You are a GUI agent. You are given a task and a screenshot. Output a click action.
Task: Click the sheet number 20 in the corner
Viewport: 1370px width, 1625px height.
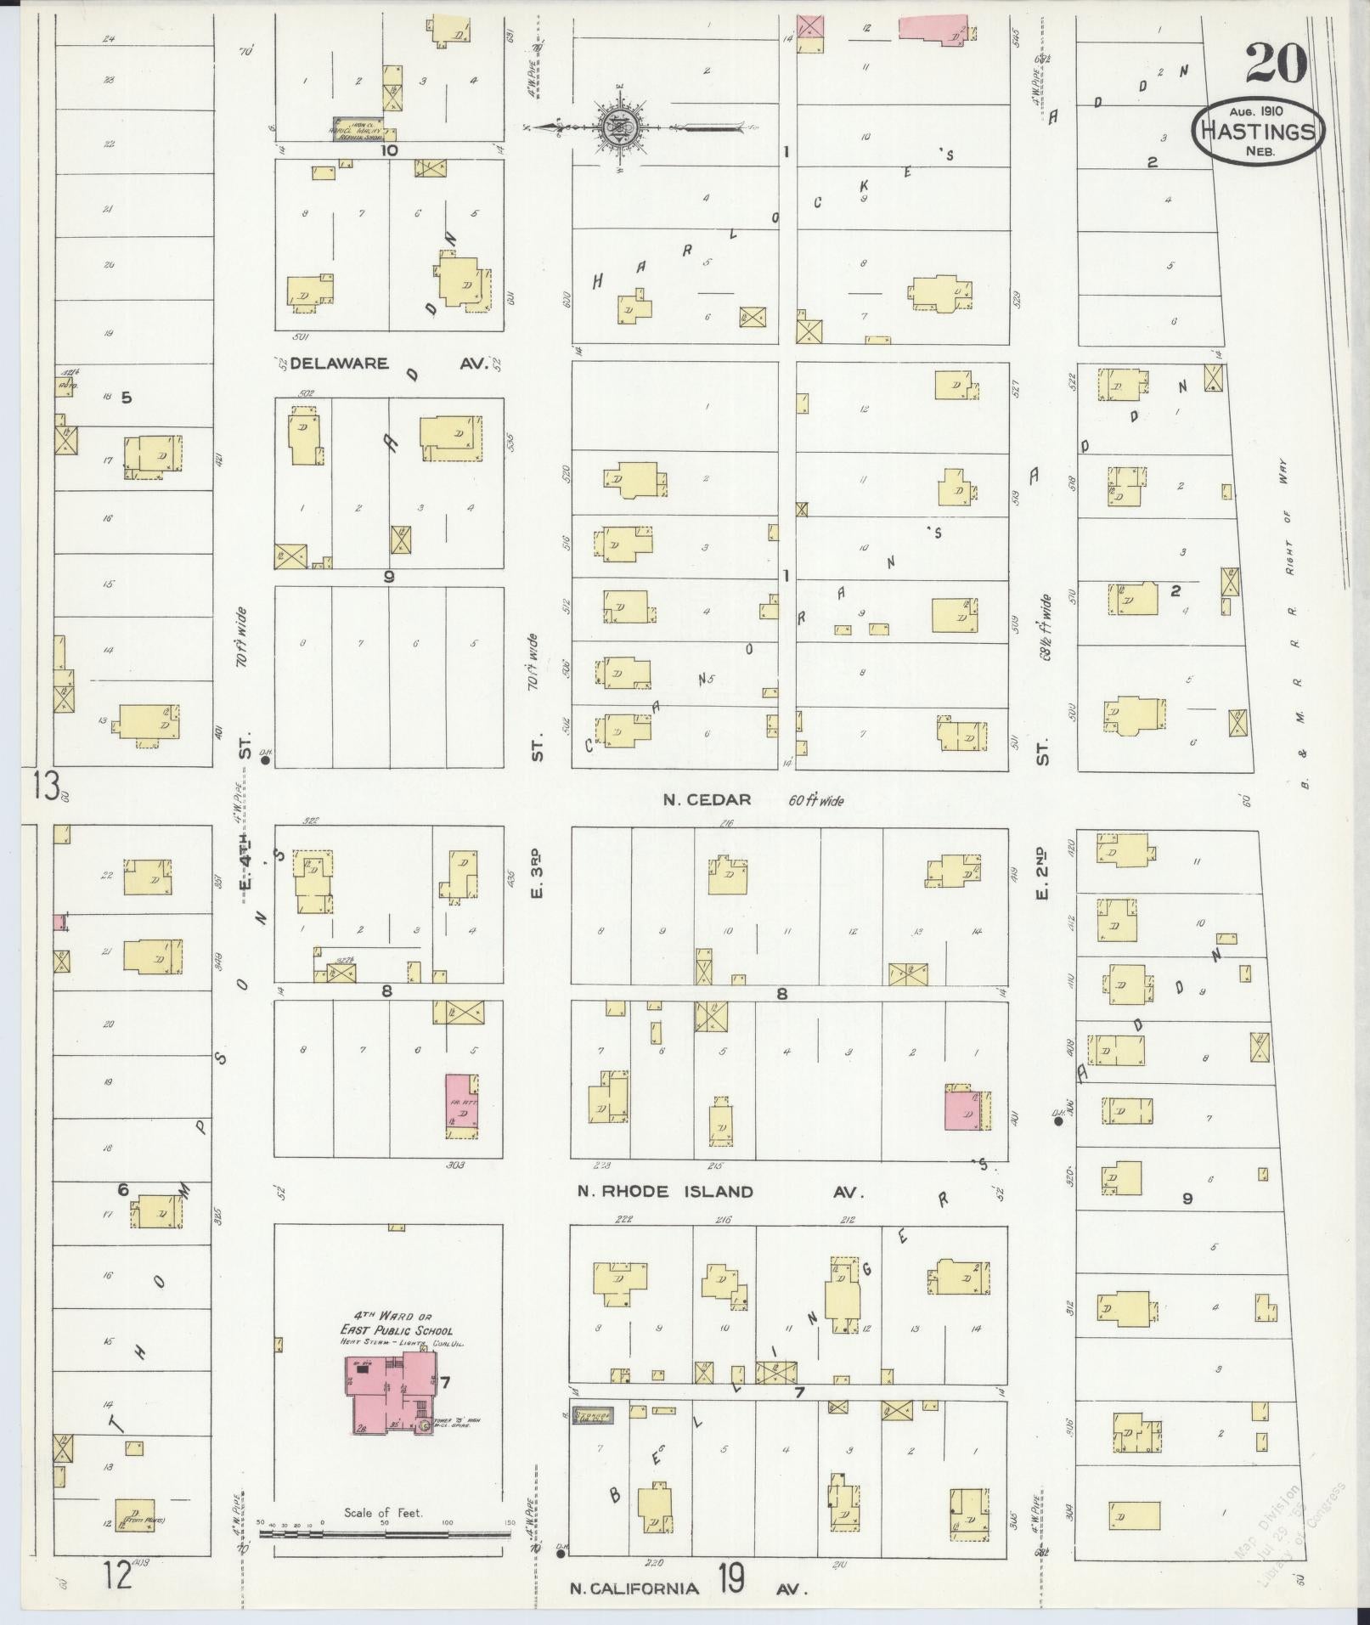pyautogui.click(x=1276, y=63)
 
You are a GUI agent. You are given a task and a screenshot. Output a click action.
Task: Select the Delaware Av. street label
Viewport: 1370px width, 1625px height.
pyautogui.click(x=389, y=364)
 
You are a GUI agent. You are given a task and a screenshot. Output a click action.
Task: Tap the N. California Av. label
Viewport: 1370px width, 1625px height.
pyautogui.click(x=688, y=1588)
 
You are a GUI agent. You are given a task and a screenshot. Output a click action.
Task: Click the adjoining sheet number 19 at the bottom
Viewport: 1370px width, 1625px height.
pyautogui.click(x=731, y=1579)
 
